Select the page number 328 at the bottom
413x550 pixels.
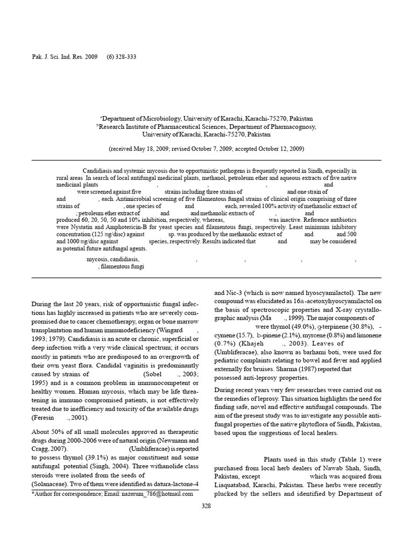206,506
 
